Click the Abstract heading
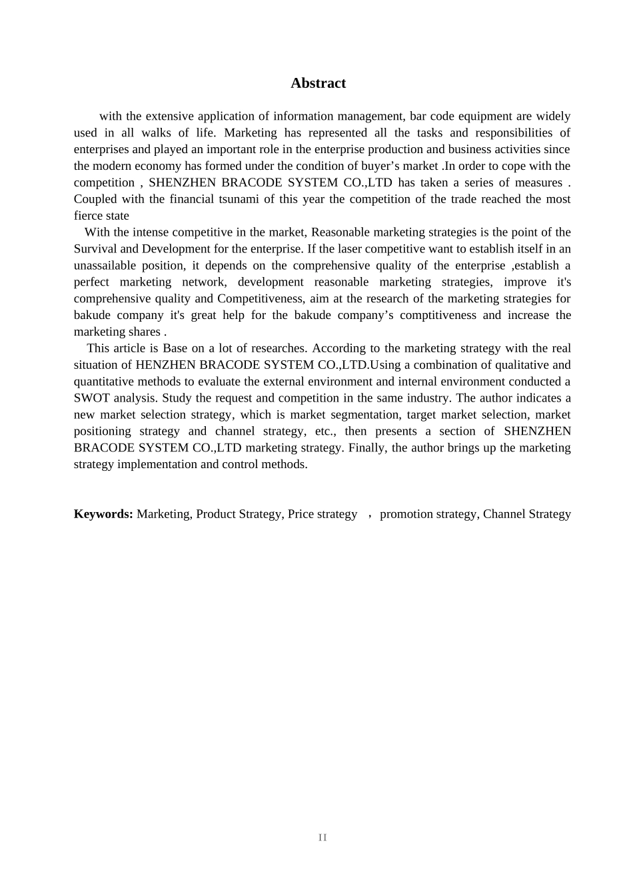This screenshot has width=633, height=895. point(318,83)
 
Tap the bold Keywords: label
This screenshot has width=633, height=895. point(103,514)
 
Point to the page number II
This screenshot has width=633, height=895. point(322,838)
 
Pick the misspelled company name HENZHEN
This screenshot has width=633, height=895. point(165,365)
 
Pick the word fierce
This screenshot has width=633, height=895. point(87,216)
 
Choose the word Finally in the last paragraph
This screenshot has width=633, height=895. point(368,447)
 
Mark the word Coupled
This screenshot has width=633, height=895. point(95,199)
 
